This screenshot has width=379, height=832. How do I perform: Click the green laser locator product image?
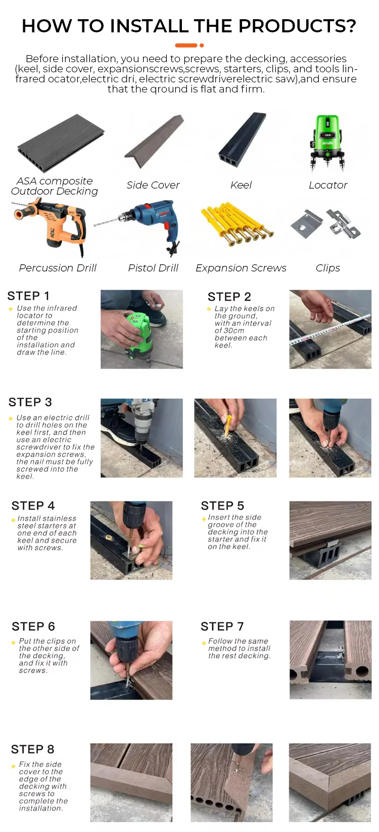click(327, 143)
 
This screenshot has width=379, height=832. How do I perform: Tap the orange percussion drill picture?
click(50, 226)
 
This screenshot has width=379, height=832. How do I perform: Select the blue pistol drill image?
click(143, 225)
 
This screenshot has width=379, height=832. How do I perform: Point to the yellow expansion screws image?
click(237, 223)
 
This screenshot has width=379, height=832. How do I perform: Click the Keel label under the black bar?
click(241, 185)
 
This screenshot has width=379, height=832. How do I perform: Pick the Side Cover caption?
click(153, 185)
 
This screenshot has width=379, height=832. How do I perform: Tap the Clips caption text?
click(328, 268)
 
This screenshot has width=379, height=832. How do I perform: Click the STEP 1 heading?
click(28, 296)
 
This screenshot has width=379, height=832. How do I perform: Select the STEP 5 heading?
click(222, 505)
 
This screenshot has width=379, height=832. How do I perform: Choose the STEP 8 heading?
click(33, 749)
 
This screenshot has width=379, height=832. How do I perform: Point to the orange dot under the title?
click(202, 45)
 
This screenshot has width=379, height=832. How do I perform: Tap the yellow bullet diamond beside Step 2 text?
click(209, 309)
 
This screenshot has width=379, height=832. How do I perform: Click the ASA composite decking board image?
click(61, 143)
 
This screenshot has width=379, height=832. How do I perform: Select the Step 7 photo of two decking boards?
click(330, 660)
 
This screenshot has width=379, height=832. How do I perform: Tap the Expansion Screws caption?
click(241, 268)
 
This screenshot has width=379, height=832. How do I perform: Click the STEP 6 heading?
click(33, 626)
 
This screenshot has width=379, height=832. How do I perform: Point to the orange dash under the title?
click(186, 45)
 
